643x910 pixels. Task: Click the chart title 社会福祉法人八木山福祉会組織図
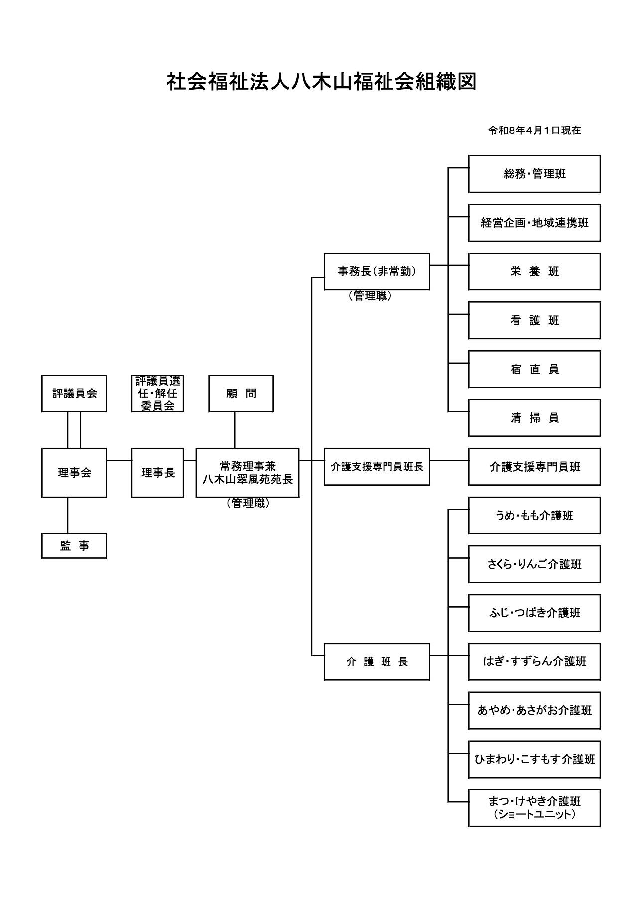(x=321, y=82)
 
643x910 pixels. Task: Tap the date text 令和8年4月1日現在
(x=534, y=130)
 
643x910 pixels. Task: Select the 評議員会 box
(x=74, y=393)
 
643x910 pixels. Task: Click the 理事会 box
(x=74, y=473)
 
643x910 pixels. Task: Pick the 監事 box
(x=74, y=546)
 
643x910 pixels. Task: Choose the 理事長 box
(x=158, y=473)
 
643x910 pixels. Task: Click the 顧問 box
(x=241, y=393)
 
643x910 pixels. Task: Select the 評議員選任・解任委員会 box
(x=158, y=393)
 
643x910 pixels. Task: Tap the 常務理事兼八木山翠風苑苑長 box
(x=248, y=473)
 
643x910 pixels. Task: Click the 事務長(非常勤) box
(x=377, y=271)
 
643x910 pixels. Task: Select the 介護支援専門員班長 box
(x=377, y=467)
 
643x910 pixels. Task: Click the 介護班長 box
(x=377, y=661)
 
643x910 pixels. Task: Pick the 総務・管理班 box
(x=534, y=174)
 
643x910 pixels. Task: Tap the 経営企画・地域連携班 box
(x=534, y=223)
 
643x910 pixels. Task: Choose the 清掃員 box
(x=534, y=418)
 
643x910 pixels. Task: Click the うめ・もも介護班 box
(x=534, y=516)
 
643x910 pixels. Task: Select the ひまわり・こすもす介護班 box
(x=534, y=759)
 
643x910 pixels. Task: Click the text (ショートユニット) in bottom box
(x=534, y=814)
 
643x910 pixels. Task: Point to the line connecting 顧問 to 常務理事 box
(x=235, y=430)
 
